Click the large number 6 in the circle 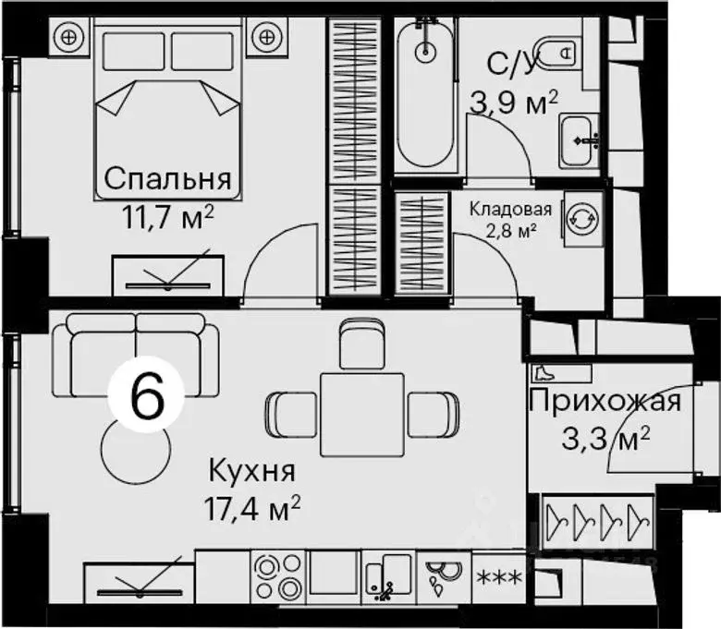click(148, 397)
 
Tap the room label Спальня click(167, 178)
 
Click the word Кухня click(251, 472)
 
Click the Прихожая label click(605, 402)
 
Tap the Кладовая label click(510, 209)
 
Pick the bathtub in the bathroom click(425, 95)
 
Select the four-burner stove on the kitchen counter click(275, 578)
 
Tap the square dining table click(361, 414)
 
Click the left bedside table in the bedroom click(67, 37)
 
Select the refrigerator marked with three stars click(498, 578)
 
